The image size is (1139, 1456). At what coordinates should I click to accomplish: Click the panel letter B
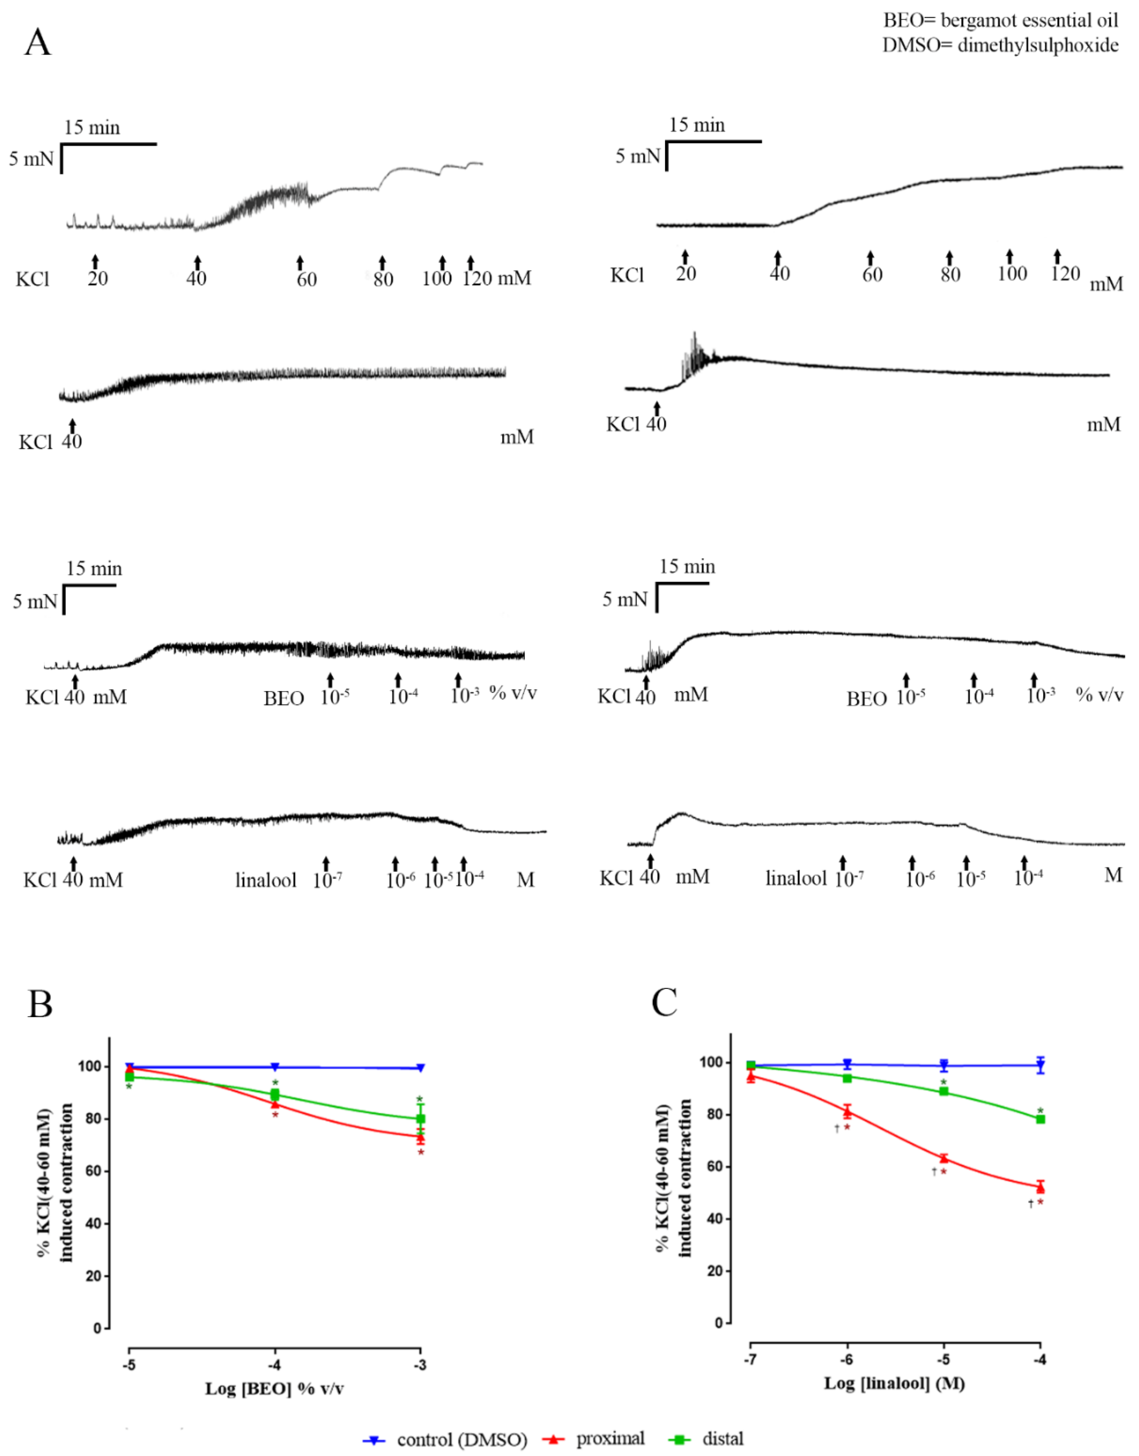(40, 1004)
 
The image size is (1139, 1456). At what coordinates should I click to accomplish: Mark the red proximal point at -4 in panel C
(1040, 1187)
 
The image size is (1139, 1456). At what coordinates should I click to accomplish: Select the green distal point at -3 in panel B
(420, 1119)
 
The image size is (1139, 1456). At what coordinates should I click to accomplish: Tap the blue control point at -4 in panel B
(275, 1067)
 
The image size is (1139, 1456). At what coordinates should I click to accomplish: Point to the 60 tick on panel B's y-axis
(93, 1171)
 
